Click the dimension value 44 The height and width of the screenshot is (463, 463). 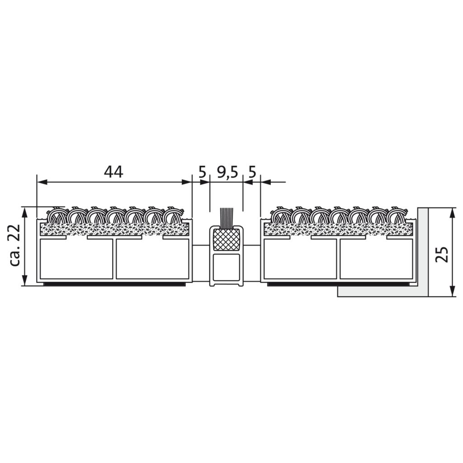coord(113,172)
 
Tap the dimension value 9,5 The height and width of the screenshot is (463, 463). coord(227,172)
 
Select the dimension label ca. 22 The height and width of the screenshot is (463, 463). coord(14,245)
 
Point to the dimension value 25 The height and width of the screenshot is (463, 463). coord(442,254)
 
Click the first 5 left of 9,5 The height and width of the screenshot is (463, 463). coord(202,172)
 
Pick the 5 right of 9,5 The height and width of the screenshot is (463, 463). coord(252,172)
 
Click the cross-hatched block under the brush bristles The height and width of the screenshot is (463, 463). coord(226,240)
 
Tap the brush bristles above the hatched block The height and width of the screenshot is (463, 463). coord(227,218)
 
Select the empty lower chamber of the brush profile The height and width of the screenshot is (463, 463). coord(226,267)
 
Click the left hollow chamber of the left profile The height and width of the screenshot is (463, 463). coord(76,259)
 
